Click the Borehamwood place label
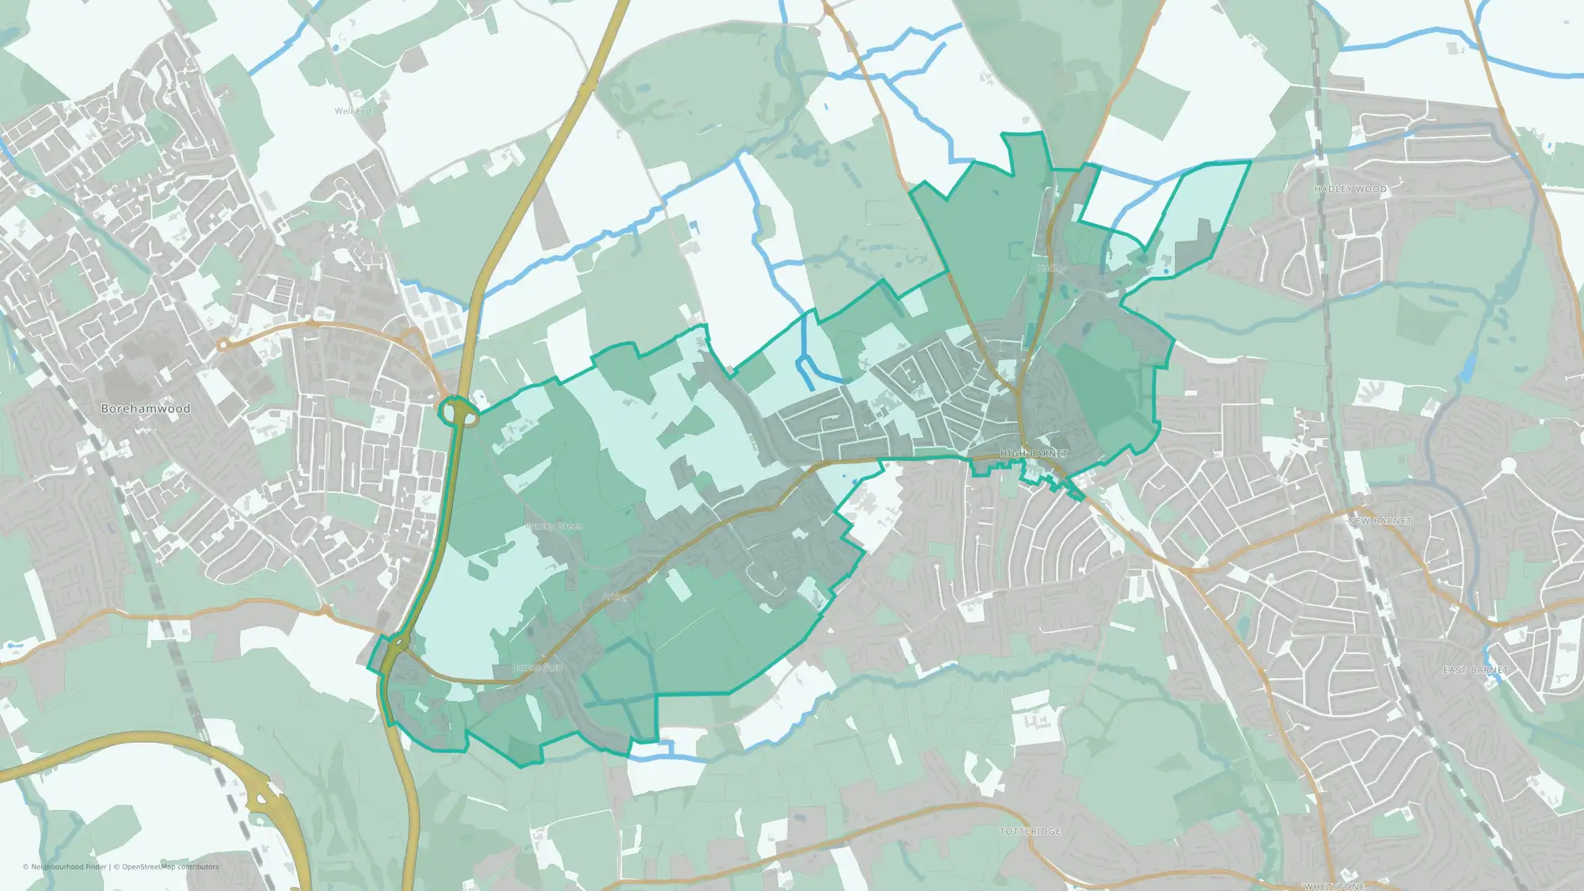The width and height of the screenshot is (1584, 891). (x=146, y=409)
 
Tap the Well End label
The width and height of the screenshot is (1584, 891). (x=352, y=111)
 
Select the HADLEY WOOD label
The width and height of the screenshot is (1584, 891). (x=1350, y=189)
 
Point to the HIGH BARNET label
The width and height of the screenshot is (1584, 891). (x=1034, y=454)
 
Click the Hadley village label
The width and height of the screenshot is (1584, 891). (x=1051, y=268)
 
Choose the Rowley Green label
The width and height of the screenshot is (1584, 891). (x=554, y=526)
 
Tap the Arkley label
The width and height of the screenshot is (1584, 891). (x=615, y=596)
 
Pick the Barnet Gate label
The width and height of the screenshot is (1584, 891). (x=537, y=668)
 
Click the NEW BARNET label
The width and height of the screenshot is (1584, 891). (x=1380, y=521)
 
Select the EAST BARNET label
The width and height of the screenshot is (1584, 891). (x=1475, y=670)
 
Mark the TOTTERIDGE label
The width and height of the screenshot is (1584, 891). (x=1030, y=831)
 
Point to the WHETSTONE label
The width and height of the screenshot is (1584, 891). (x=1335, y=886)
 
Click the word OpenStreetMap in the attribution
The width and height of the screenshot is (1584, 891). (x=145, y=866)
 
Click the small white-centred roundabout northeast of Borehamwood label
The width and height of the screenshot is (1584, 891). (x=223, y=345)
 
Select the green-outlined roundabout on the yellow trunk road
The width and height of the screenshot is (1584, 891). (x=455, y=411)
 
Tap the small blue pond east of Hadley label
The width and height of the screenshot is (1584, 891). (x=1166, y=272)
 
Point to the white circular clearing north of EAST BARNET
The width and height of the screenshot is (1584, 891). (x=1508, y=466)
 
